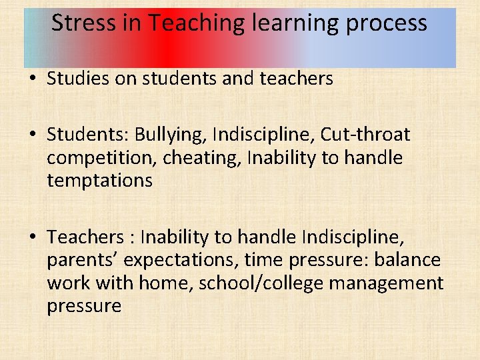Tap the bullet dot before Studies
click(x=31, y=79)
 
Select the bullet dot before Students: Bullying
click(x=31, y=135)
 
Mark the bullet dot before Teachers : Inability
click(x=31, y=238)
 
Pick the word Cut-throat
click(x=365, y=135)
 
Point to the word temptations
click(x=99, y=181)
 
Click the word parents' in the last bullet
click(x=83, y=260)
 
